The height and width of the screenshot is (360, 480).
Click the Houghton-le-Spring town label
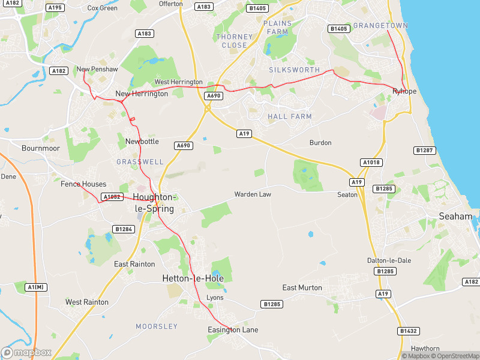[x=154, y=203]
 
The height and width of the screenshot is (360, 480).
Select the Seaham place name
[x=455, y=216]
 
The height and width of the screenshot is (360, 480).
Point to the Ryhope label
[x=404, y=91]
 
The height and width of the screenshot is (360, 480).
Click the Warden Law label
[x=253, y=194]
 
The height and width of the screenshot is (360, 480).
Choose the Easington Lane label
[x=232, y=330]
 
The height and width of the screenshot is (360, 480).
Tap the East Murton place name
[x=302, y=288]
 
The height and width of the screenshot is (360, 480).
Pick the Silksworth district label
[x=295, y=70]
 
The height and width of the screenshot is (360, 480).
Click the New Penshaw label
[x=97, y=70]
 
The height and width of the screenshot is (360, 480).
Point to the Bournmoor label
[x=41, y=148]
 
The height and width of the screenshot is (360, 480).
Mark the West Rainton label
[x=87, y=302]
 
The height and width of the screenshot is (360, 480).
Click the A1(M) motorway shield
[x=36, y=287]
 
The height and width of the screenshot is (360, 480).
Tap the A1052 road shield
[x=112, y=197]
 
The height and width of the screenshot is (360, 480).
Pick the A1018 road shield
[x=371, y=163]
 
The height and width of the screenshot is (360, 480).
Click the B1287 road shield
[x=424, y=150]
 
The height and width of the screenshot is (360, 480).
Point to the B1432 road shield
[x=408, y=331]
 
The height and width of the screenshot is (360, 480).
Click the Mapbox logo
[x=26, y=353]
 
